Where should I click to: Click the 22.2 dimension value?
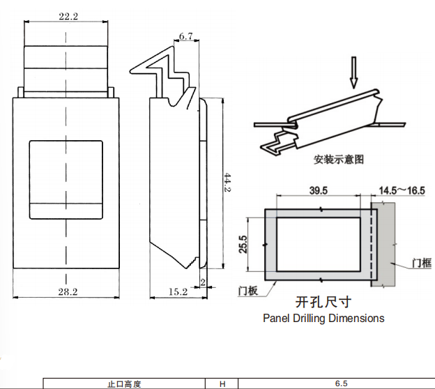(x=68, y=16)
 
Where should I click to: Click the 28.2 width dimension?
(x=68, y=291)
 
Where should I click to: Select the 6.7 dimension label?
(x=185, y=36)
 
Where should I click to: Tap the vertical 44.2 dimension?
(x=227, y=183)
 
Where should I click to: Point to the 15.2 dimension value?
(x=178, y=291)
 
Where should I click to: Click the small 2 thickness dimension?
(x=202, y=282)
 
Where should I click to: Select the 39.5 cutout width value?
(x=318, y=190)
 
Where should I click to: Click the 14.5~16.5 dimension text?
(x=402, y=190)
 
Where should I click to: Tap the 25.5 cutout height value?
(x=243, y=244)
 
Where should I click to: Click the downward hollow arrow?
(x=354, y=73)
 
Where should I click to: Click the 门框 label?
(x=421, y=263)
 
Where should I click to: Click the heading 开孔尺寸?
(x=323, y=302)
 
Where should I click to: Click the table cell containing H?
(x=222, y=383)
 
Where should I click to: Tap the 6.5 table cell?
(x=340, y=383)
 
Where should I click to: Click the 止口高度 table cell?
(x=124, y=383)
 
